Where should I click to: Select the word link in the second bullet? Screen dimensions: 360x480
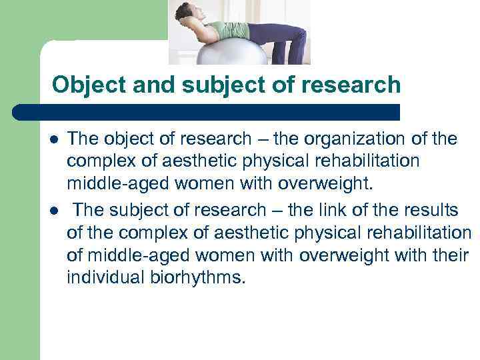tap(327, 211)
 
